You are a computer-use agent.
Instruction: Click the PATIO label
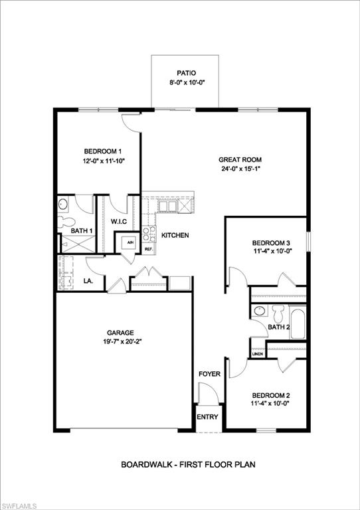click(187, 73)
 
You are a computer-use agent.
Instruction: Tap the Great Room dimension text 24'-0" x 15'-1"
click(240, 168)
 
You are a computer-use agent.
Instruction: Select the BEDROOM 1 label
click(103, 151)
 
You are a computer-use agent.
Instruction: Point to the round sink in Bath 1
click(63, 205)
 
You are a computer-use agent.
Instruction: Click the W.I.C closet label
click(118, 222)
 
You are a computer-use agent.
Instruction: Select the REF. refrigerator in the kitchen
click(149, 249)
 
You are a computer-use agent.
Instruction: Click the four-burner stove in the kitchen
click(148, 234)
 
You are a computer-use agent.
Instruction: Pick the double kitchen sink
click(167, 207)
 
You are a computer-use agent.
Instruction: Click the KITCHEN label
click(175, 235)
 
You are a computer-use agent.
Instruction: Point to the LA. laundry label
click(88, 281)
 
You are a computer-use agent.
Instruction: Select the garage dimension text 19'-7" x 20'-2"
click(121, 341)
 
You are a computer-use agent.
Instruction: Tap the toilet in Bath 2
click(278, 313)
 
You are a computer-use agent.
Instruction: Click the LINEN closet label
click(258, 354)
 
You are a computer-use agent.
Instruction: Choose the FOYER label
click(209, 374)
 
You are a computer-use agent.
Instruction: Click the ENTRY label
click(207, 417)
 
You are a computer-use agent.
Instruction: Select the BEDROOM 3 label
click(271, 243)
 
